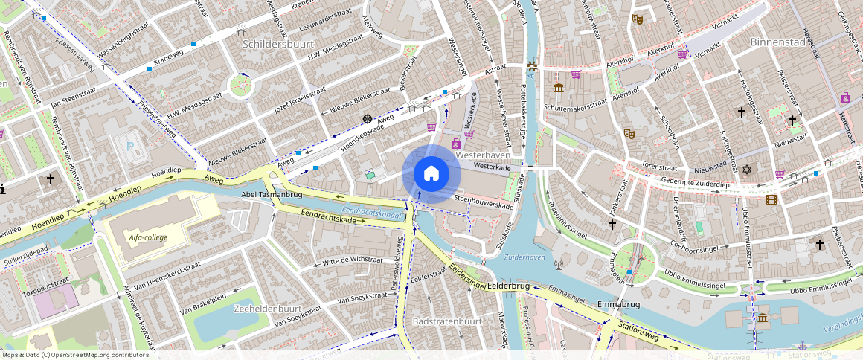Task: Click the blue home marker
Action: click(x=431, y=174)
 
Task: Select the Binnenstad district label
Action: click(x=777, y=42)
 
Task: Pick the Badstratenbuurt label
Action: click(x=447, y=321)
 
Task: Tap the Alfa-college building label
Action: click(x=148, y=237)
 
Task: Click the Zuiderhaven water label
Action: click(x=524, y=257)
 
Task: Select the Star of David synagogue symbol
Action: click(x=748, y=170)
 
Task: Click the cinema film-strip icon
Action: click(x=771, y=199)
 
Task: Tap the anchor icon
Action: click(x=802, y=346)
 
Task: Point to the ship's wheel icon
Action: click(x=367, y=119)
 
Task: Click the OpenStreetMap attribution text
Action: click(x=76, y=355)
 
